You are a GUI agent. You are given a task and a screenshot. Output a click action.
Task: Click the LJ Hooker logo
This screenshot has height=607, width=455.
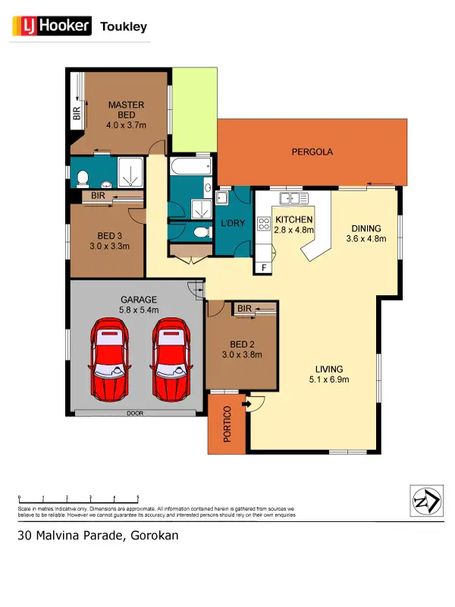[x=51, y=27]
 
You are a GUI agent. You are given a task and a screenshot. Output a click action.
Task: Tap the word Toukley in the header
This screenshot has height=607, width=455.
[x=124, y=27]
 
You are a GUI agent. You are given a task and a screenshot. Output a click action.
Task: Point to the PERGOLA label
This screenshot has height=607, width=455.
[x=312, y=152]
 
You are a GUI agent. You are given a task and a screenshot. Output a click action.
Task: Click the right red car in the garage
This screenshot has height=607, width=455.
[x=171, y=360]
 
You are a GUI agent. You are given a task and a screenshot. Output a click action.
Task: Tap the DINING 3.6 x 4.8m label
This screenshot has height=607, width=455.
[x=366, y=233]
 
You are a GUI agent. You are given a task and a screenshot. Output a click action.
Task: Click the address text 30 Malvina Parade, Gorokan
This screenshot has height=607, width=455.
[x=98, y=535]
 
